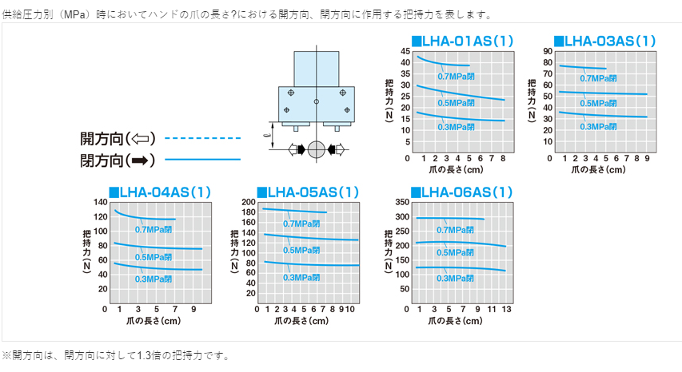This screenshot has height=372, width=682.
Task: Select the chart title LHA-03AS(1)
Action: click(604, 41)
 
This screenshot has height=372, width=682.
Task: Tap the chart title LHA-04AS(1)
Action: click(160, 192)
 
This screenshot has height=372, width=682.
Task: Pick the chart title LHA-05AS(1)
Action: click(308, 192)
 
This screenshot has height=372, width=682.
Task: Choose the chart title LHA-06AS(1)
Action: click(461, 192)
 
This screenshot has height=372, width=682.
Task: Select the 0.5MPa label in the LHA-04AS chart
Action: click(154, 257)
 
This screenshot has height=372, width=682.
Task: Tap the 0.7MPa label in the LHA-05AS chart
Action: click(302, 224)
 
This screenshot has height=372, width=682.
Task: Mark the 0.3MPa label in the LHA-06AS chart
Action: click(456, 278)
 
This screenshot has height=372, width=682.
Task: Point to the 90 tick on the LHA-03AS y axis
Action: click(548, 51)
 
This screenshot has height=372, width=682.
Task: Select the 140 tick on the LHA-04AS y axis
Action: click(100, 202)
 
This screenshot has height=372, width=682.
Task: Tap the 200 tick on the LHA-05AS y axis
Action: click(248, 202)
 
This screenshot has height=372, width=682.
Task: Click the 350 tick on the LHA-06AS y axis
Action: click(401, 202)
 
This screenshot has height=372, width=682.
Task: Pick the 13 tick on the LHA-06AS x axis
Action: click(506, 308)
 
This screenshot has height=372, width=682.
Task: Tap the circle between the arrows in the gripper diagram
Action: click(317, 149)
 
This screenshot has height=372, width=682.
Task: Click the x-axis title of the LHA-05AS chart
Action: click(301, 321)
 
